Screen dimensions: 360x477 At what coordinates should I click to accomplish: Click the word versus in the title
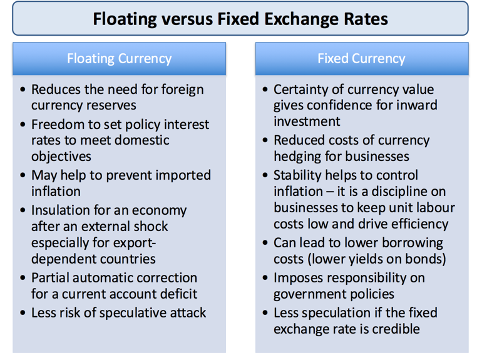click(x=183, y=18)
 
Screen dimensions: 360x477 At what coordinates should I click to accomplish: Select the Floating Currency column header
click(x=119, y=59)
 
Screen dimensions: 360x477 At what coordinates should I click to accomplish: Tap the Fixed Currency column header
click(x=361, y=59)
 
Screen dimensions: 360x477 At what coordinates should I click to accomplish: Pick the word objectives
click(x=61, y=156)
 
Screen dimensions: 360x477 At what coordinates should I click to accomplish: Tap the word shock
click(x=151, y=225)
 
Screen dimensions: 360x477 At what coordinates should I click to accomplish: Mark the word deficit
click(x=176, y=293)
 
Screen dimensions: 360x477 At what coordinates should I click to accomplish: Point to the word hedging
click(x=297, y=156)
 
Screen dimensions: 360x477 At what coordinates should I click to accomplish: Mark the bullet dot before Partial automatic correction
click(x=23, y=278)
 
